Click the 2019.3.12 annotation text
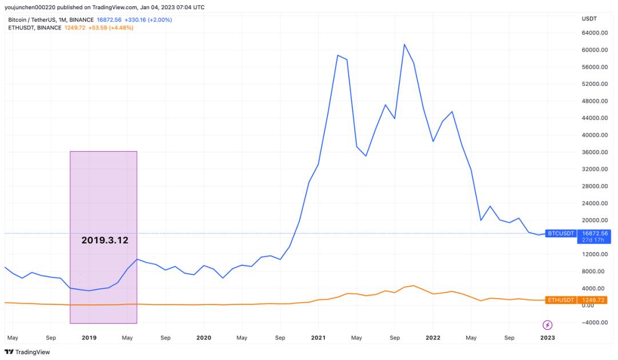[105, 240]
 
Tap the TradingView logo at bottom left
[27, 352]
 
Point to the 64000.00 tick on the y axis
[595, 33]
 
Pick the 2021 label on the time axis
[319, 338]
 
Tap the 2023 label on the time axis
[548, 338]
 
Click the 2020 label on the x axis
[204, 338]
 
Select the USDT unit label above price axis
[589, 18]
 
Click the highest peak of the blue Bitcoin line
[404, 44]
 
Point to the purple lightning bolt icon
[548, 325]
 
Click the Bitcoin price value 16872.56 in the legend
[109, 19]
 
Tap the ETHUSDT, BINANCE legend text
[35, 27]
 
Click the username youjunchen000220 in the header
[30, 7]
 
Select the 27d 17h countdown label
[594, 240]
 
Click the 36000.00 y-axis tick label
[595, 152]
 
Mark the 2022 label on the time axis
[433, 338]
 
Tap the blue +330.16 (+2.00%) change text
[148, 19]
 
